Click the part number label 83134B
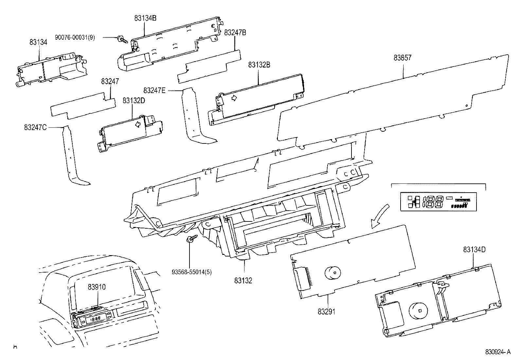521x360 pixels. pyautogui.click(x=145, y=18)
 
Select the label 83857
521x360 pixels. pyautogui.click(x=403, y=58)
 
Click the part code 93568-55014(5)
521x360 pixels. pyautogui.click(x=191, y=272)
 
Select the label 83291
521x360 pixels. pyautogui.click(x=326, y=312)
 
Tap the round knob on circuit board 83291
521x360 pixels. pyautogui.click(x=332, y=273)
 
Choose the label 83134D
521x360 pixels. pyautogui.click(x=474, y=249)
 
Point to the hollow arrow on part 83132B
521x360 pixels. pyautogui.click(x=234, y=98)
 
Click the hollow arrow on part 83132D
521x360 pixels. pyautogui.click(x=139, y=123)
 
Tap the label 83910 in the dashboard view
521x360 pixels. pyautogui.click(x=97, y=287)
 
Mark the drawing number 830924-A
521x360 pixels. pyautogui.click(x=497, y=352)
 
